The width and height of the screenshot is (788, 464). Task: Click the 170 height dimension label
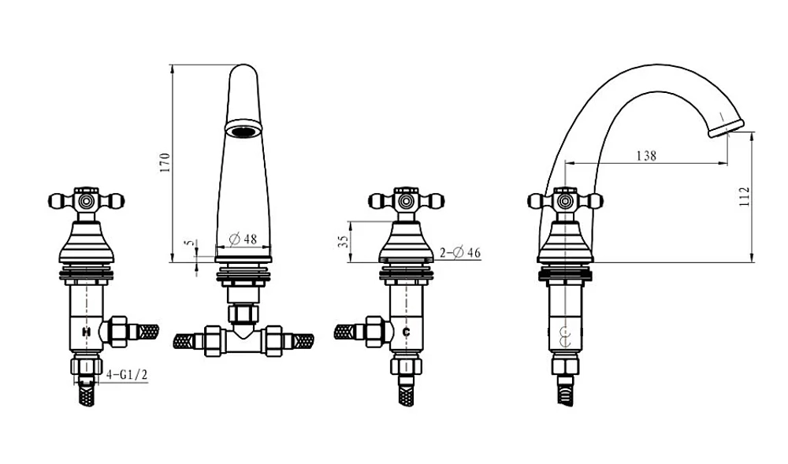165,163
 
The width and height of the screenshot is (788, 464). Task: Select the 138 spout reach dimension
646,156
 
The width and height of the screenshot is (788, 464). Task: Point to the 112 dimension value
745,196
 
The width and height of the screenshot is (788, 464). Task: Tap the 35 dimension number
344,242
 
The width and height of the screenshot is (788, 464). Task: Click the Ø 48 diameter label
243,239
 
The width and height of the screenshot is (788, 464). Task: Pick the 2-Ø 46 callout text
460,253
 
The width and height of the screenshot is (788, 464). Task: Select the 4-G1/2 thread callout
128,375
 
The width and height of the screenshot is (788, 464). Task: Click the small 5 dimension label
189,243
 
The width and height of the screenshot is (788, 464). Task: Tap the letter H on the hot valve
86,332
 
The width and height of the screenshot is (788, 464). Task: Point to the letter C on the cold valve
406,332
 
